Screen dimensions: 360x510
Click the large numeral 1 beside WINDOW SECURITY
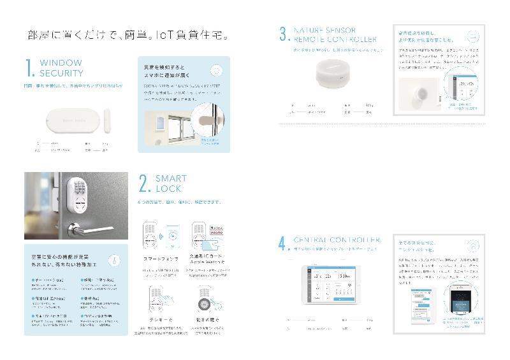tap(29, 68)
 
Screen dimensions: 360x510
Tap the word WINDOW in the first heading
tap(61, 63)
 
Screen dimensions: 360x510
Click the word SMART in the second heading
tap(171, 179)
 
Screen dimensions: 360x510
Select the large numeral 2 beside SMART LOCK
tap(144, 184)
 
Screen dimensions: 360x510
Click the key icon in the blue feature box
tap(112, 259)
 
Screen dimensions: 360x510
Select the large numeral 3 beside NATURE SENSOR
tap(284, 34)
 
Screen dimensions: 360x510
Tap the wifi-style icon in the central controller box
tap(474, 245)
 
